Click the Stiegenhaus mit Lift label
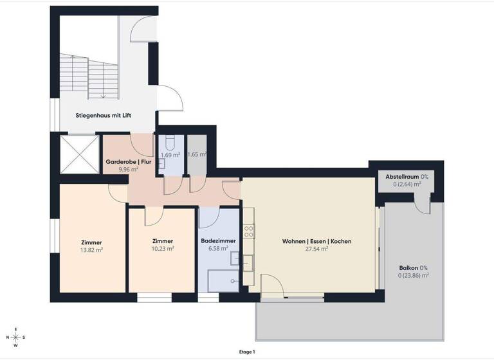point(105,116)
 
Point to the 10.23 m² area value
point(162,249)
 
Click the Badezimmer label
point(218,241)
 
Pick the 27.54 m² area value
point(316,249)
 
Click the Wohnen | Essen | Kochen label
point(316,241)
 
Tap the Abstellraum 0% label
point(407,176)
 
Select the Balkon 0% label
point(414,267)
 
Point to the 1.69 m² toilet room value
point(170,155)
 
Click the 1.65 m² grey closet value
point(196,154)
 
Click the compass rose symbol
point(16,337)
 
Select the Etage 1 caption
point(246,352)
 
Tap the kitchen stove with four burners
point(248,231)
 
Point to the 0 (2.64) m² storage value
point(407,184)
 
